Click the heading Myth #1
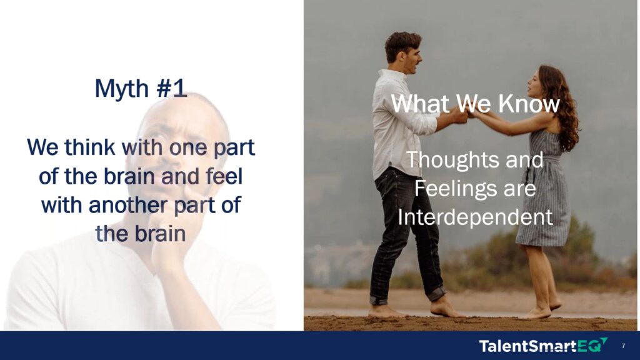(x=141, y=89)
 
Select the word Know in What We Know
(x=529, y=104)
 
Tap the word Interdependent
(x=475, y=217)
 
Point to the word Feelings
(x=454, y=189)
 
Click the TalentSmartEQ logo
(x=543, y=346)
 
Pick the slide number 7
(x=623, y=346)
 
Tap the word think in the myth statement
(x=90, y=147)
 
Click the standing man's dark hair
(x=402, y=44)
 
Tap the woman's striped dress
(x=545, y=192)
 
